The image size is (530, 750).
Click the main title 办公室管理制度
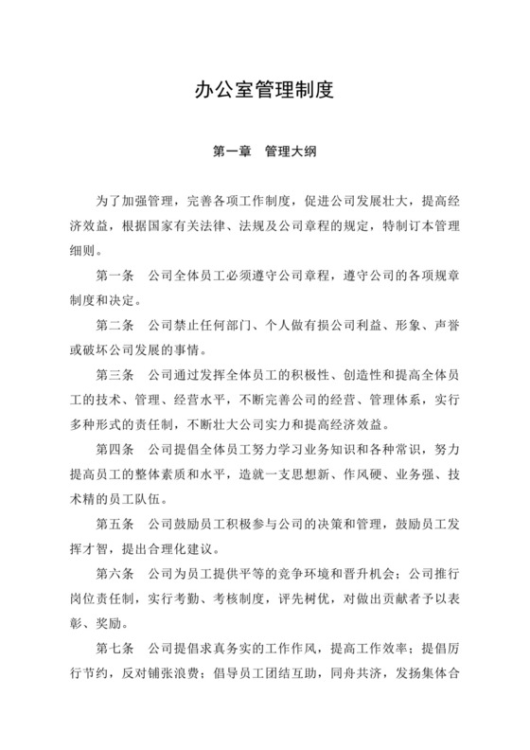265,92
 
